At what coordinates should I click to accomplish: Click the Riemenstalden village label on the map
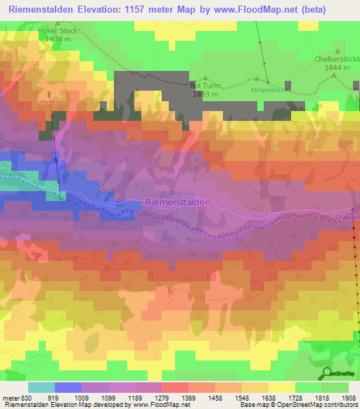tap(178, 202)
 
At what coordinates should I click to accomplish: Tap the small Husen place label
tap(50, 100)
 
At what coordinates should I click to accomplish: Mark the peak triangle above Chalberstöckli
tap(338, 51)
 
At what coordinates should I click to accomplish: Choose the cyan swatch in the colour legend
tap(41, 387)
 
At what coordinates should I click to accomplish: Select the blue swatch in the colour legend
tap(67, 387)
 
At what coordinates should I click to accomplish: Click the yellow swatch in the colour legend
tap(281, 387)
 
